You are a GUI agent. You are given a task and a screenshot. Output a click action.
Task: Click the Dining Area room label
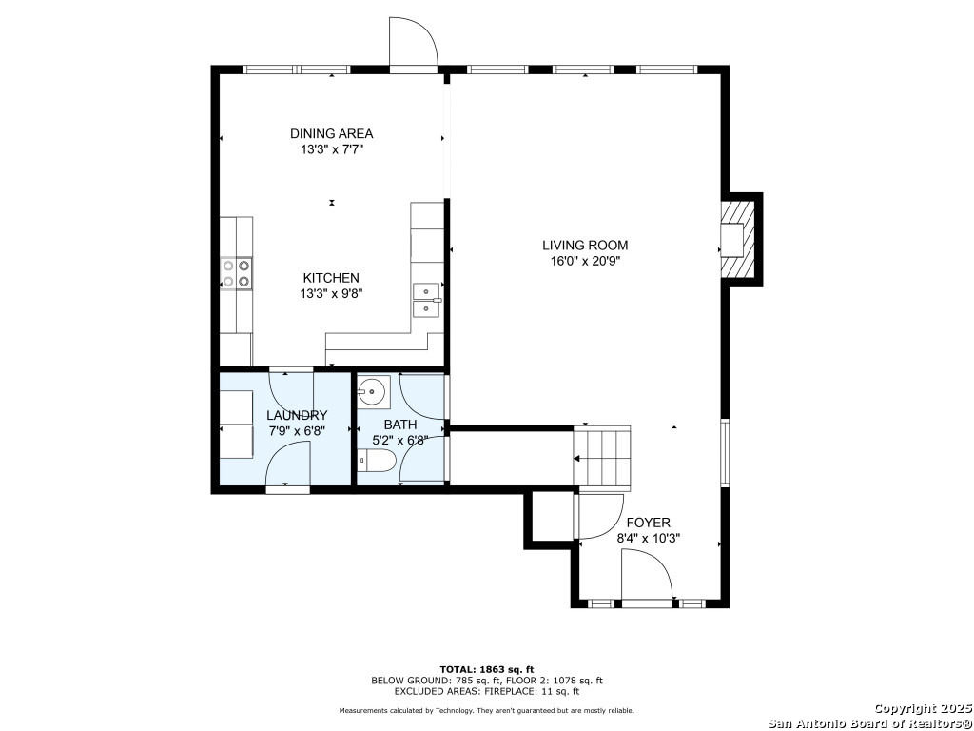click(x=332, y=133)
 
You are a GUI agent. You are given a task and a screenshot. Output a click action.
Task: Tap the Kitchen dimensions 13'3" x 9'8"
click(x=330, y=294)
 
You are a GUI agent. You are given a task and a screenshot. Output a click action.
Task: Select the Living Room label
click(x=585, y=246)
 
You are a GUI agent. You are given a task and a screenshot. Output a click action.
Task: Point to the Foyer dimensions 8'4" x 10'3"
click(x=648, y=539)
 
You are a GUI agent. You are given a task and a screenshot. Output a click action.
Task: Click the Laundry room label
click(x=297, y=416)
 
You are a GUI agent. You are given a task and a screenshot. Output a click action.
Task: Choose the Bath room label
click(x=400, y=425)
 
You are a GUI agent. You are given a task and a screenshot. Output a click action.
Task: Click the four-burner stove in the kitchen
click(x=237, y=273)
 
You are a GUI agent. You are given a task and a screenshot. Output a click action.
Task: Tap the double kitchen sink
click(x=427, y=300)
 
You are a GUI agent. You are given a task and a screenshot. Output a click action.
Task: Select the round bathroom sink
click(x=373, y=391)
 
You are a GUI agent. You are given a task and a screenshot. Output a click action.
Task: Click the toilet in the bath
click(x=377, y=462)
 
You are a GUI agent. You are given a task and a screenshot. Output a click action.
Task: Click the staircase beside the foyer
click(x=602, y=459)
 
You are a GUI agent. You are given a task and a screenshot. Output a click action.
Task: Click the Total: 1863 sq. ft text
click(x=487, y=669)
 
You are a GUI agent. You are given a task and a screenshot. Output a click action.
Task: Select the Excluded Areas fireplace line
click(x=487, y=691)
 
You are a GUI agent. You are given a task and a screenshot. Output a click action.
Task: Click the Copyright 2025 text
click(x=923, y=708)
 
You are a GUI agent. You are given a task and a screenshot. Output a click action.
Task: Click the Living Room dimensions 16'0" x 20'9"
click(x=585, y=262)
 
